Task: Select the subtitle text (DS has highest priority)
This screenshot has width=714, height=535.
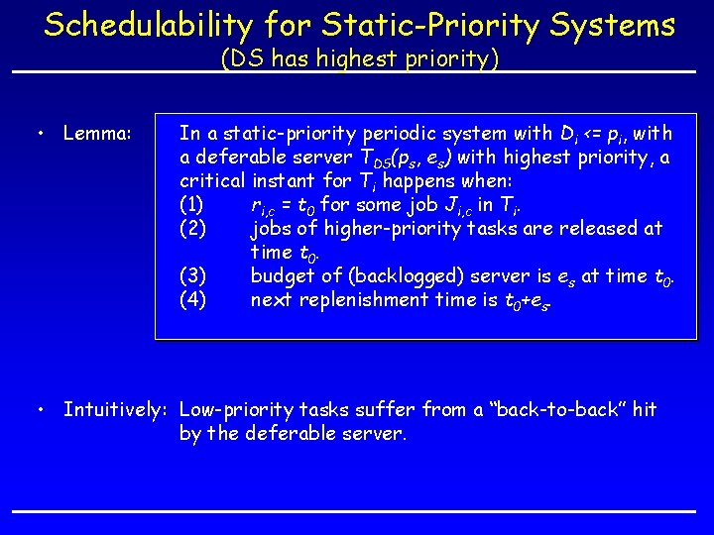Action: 359,59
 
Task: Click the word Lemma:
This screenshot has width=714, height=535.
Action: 97,132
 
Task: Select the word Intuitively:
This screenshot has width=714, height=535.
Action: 115,410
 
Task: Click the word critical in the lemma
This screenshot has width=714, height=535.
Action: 210,180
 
